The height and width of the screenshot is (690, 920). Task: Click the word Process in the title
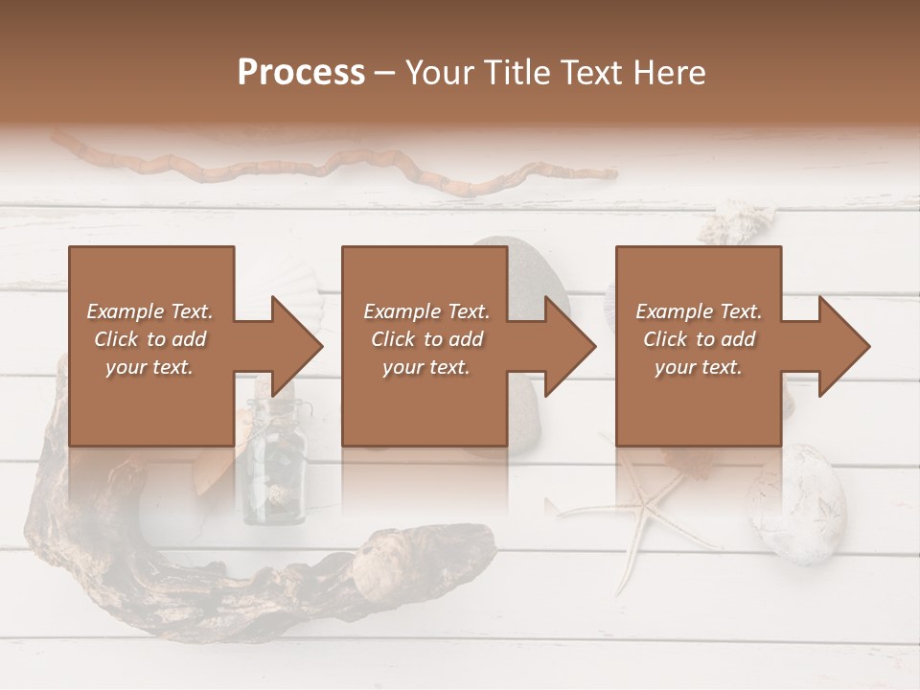click(301, 73)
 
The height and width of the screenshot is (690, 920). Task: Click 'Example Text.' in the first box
click(150, 311)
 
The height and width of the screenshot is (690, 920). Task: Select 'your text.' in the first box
click(150, 367)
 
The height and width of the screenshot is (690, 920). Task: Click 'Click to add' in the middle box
click(426, 339)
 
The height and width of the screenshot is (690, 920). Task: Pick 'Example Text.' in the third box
click(699, 311)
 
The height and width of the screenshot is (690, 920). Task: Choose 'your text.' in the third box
click(699, 367)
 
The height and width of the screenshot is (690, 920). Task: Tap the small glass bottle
click(274, 470)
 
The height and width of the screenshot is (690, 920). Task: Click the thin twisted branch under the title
click(335, 168)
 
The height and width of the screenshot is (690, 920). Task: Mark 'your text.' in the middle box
click(426, 367)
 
